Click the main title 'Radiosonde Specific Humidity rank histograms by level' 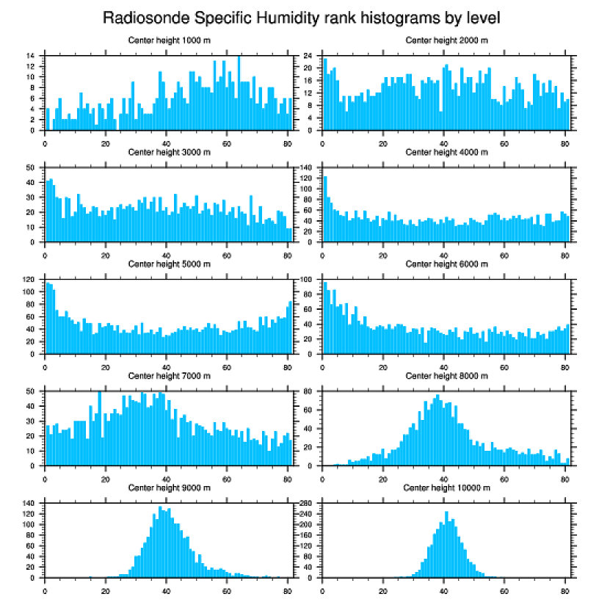pos(300,18)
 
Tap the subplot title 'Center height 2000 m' pos(447,40)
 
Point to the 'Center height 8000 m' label pos(447,376)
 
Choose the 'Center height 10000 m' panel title pos(447,488)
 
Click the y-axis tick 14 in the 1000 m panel pos(31,56)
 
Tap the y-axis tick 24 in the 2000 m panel pos(310,56)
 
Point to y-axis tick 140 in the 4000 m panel pos(307,167)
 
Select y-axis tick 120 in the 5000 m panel pos(29,280)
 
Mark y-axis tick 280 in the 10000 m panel pos(307,503)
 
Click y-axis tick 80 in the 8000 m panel pos(310,391)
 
